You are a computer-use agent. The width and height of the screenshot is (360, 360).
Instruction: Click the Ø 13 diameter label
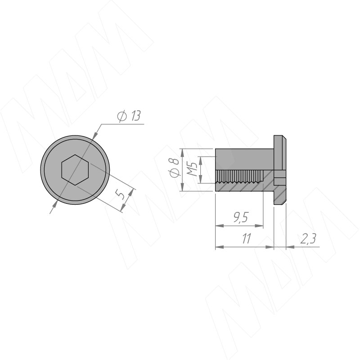coord(129,116)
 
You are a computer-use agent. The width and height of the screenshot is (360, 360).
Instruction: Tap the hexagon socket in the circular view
coord(75,170)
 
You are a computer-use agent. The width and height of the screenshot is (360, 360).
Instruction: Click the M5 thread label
coord(192,169)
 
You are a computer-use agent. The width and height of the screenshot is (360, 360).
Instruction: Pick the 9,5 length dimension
coord(241,217)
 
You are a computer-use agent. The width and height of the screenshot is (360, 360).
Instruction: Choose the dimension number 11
coord(246,238)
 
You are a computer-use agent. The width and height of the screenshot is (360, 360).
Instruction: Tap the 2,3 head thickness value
coord(308,238)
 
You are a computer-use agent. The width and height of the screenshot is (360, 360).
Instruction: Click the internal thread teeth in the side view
coord(239,176)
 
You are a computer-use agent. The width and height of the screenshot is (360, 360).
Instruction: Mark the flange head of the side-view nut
coord(280,170)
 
